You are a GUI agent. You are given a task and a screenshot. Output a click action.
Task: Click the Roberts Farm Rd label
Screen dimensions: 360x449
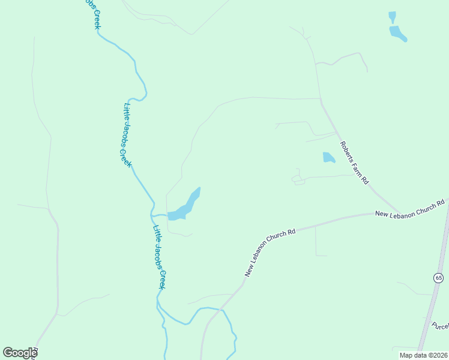pyautogui.click(x=354, y=163)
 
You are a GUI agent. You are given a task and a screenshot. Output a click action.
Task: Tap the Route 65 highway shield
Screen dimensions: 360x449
pyautogui.click(x=439, y=277)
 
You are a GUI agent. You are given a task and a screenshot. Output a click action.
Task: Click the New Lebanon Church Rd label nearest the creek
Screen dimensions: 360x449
pyautogui.click(x=270, y=252)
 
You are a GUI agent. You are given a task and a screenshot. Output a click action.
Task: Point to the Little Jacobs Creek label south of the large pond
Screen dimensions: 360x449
pyautogui.click(x=160, y=257)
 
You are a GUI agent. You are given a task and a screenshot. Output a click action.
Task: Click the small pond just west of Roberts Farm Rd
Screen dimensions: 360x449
pyautogui.click(x=328, y=158)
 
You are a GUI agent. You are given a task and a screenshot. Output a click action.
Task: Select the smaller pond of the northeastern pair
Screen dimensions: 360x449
pyautogui.click(x=392, y=16)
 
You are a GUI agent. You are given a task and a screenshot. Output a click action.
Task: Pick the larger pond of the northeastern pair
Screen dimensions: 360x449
pyautogui.click(x=397, y=33)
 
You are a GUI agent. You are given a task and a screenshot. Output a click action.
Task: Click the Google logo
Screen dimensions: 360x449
pyautogui.click(x=20, y=353)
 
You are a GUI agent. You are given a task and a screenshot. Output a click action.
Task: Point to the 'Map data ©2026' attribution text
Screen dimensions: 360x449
pyautogui.click(x=423, y=355)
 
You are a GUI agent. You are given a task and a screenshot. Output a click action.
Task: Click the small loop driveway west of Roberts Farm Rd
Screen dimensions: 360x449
pyautogui.click(x=298, y=179)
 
